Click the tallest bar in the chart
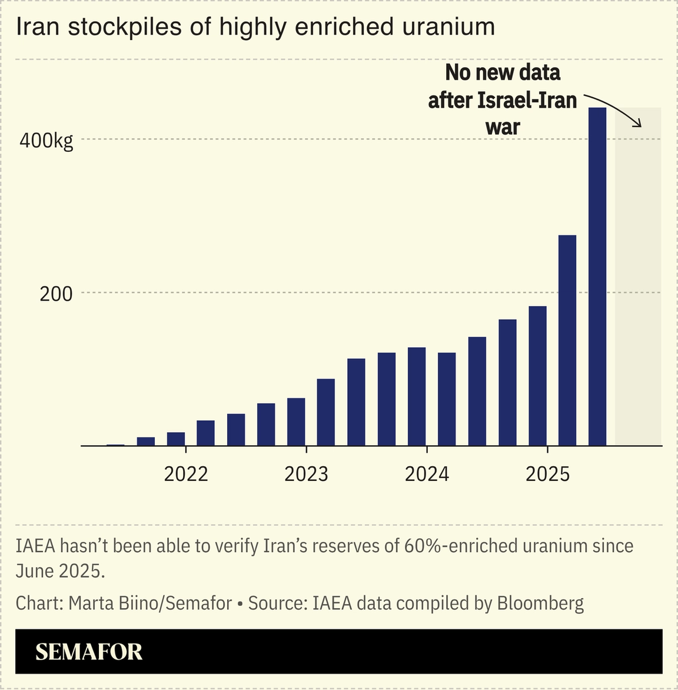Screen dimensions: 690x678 pyautogui.click(x=597, y=277)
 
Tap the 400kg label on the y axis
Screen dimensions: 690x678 pyautogui.click(x=46, y=141)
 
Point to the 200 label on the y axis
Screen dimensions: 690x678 pyautogui.click(x=56, y=294)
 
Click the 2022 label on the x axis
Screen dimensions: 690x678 pyautogui.click(x=186, y=474)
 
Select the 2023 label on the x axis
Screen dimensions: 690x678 pyautogui.click(x=306, y=474)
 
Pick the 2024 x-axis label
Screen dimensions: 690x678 pyautogui.click(x=427, y=474)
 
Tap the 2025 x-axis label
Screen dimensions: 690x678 pyautogui.click(x=547, y=474)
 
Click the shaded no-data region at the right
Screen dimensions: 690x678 pyautogui.click(x=638, y=294)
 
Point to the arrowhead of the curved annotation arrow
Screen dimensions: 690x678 pyautogui.click(x=638, y=124)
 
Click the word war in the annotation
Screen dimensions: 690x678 pyautogui.click(x=503, y=127)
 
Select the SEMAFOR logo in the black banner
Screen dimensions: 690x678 pyautogui.click(x=89, y=652)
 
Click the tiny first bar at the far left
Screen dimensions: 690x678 pyautogui.click(x=115, y=445)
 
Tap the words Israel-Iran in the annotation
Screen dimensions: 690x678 pyautogui.click(x=527, y=100)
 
